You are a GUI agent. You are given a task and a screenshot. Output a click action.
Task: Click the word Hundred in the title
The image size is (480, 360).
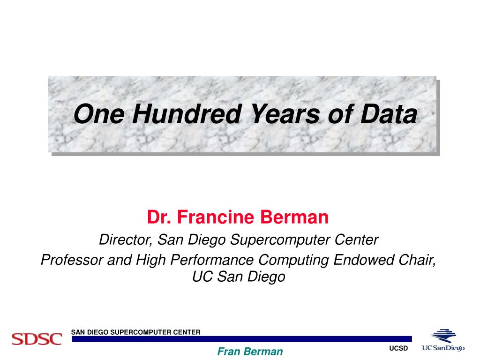click(187, 114)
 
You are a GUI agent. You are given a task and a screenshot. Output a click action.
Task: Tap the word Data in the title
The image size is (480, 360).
click(389, 114)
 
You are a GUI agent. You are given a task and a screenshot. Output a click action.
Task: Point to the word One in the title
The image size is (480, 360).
click(99, 114)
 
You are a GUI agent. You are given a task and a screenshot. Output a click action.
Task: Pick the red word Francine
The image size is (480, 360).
click(216, 217)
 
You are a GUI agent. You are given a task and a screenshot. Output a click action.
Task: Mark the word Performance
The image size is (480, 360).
click(212, 260)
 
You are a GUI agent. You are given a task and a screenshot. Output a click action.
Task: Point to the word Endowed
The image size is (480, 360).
click(364, 260)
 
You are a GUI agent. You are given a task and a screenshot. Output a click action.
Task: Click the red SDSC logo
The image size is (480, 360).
click(37, 339)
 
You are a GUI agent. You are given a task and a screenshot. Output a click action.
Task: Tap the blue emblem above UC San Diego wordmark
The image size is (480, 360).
click(443, 336)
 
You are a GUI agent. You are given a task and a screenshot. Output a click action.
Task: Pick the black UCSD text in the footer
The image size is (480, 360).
click(398, 348)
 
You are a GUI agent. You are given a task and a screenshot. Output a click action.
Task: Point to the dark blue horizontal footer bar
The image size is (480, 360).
click(242, 339)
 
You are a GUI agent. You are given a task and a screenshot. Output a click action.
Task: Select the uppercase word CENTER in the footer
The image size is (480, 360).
click(187, 332)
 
